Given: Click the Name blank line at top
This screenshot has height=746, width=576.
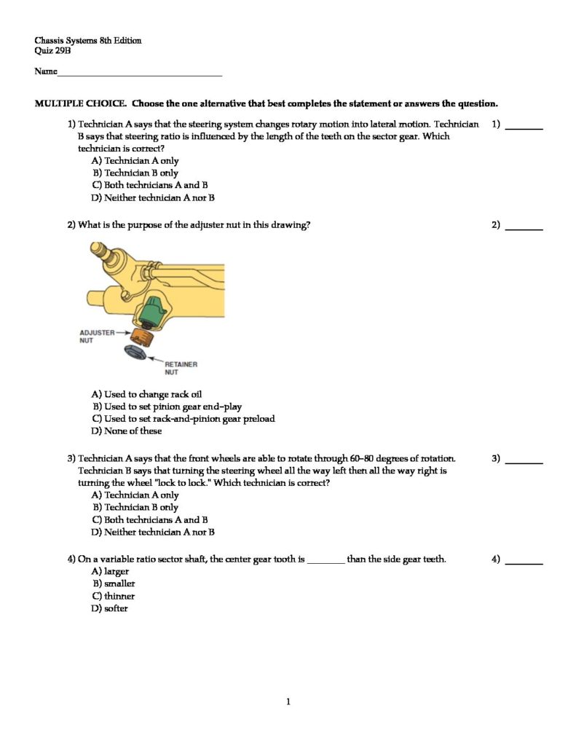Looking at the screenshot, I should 138,74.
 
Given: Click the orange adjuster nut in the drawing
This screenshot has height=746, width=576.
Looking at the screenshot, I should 141,337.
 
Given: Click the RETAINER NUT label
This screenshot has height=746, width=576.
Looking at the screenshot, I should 181,368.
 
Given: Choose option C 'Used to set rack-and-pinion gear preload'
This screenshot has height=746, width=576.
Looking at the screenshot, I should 183,419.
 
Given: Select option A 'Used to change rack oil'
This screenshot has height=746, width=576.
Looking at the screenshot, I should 146,394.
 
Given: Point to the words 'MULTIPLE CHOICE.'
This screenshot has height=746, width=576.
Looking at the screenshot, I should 80,103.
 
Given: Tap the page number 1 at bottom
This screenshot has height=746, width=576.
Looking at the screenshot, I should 288,702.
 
